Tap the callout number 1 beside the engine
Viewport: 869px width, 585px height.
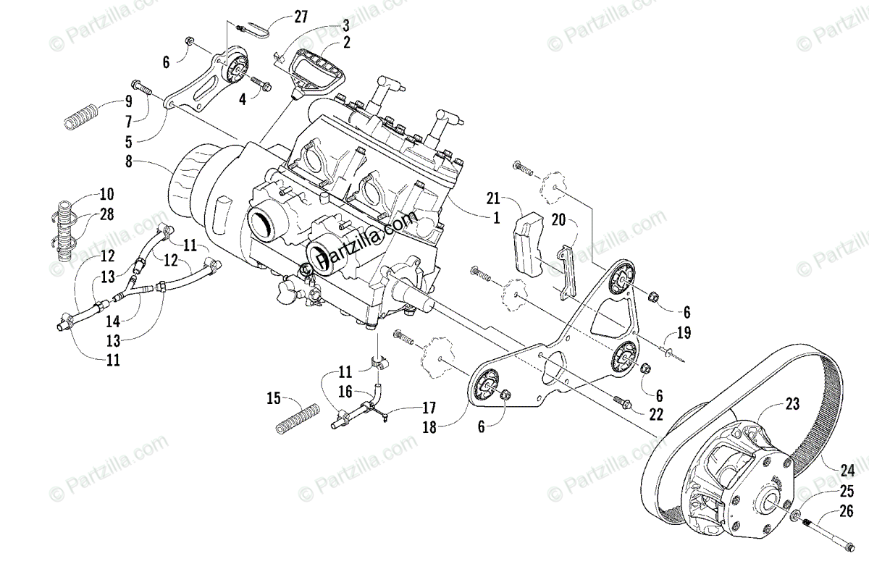496,216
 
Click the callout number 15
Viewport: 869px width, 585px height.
273,397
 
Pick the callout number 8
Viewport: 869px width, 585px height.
129,162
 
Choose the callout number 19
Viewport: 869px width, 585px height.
684,334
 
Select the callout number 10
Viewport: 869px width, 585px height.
107,194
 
